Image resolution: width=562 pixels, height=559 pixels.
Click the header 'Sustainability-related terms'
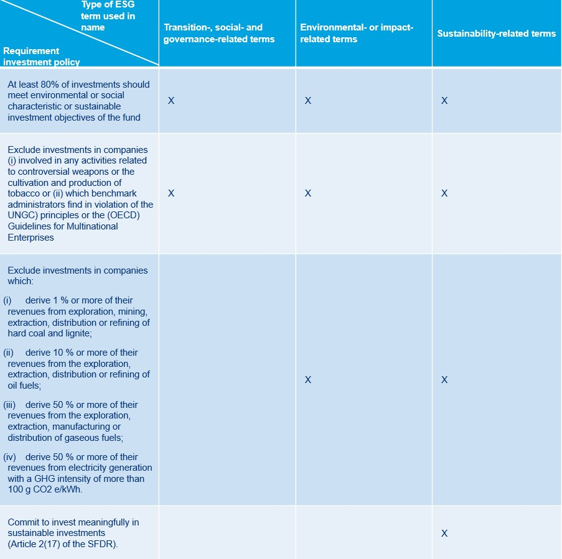click(496, 34)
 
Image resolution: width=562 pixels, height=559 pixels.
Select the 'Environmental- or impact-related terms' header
click(357, 33)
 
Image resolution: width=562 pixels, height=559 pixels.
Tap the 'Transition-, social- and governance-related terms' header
click(219, 33)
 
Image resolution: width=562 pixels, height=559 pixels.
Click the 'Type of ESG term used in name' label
click(108, 17)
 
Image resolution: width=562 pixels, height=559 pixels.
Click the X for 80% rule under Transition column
click(171, 101)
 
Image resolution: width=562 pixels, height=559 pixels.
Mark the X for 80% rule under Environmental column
click(307, 101)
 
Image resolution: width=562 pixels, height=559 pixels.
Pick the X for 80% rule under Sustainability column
click(444, 101)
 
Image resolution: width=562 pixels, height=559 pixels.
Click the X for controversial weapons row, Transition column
click(171, 193)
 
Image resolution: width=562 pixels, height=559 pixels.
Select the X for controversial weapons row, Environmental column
click(307, 193)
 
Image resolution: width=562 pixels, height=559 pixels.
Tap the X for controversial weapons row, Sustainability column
click(444, 193)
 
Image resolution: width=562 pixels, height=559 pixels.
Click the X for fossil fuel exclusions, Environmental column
click(307, 380)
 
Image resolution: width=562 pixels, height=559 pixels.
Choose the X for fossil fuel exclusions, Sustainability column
click(444, 380)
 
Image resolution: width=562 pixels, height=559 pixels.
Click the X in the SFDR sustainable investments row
click(444, 534)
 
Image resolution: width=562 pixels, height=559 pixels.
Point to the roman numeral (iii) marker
click(9, 405)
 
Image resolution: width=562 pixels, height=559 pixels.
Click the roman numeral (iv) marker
click(9, 457)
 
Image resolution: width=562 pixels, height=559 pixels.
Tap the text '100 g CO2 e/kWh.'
click(45, 489)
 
